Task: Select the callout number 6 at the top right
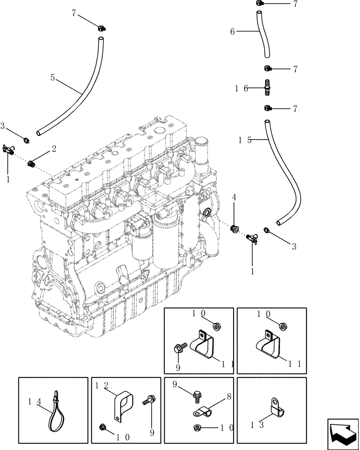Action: click(x=232, y=31)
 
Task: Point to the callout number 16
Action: click(x=241, y=89)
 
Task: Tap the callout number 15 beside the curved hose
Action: click(x=245, y=140)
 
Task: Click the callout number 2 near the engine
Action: click(x=54, y=148)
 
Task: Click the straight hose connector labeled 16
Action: click(x=267, y=87)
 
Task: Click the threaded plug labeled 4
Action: click(x=234, y=229)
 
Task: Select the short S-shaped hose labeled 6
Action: click(x=263, y=36)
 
